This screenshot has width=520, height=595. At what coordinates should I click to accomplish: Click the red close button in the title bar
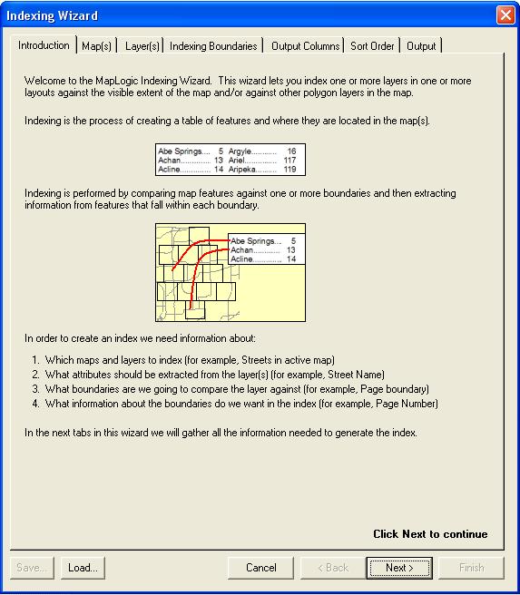click(x=505, y=15)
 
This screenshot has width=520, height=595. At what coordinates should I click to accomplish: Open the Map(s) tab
click(x=96, y=46)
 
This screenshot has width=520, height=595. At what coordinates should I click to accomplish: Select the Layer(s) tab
click(x=142, y=46)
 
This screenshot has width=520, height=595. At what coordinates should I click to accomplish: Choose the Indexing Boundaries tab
click(x=213, y=46)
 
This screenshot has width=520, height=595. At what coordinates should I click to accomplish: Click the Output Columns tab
click(x=305, y=46)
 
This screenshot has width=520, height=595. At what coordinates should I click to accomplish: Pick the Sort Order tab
click(x=372, y=46)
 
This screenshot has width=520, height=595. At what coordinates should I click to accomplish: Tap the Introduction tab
click(x=44, y=45)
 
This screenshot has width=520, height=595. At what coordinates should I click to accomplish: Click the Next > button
click(x=399, y=568)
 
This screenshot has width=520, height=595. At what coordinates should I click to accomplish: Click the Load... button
click(x=83, y=568)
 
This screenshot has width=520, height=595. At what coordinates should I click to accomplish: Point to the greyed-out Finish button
click(x=471, y=568)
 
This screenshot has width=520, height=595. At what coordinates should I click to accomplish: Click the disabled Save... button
click(x=32, y=568)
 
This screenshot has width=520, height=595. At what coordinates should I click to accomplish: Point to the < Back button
click(x=333, y=568)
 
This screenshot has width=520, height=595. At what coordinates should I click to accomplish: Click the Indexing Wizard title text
click(x=52, y=16)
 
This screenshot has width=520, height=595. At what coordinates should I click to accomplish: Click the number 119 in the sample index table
click(x=289, y=170)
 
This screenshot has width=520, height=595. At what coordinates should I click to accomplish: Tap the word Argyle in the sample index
click(x=240, y=151)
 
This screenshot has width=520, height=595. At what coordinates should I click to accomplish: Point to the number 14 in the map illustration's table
click(x=291, y=258)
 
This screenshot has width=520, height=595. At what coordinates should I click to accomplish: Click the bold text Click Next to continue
click(x=430, y=534)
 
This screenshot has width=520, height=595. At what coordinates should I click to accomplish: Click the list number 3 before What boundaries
click(x=35, y=389)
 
